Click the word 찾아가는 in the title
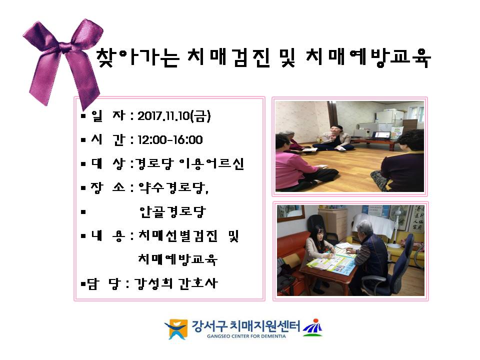click(137, 57)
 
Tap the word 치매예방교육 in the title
click(368, 57)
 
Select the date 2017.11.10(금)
click(174, 115)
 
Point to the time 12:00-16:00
click(170, 140)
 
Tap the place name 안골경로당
click(172, 211)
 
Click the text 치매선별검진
click(178, 235)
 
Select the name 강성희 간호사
click(176, 283)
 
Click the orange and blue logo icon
click(176, 329)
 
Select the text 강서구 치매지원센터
click(246, 326)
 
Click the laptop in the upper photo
click(381, 135)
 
